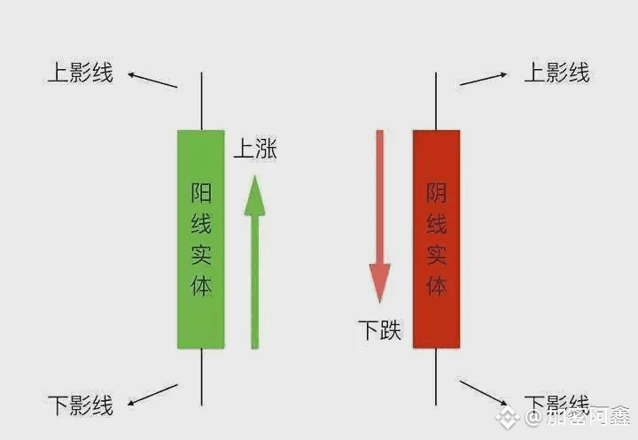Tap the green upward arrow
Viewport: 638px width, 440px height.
pyautogui.click(x=255, y=266)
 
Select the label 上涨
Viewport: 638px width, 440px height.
pyautogui.click(x=255, y=150)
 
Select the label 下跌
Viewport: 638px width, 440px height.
pyautogui.click(x=379, y=331)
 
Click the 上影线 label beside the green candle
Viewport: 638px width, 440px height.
pyautogui.click(x=81, y=73)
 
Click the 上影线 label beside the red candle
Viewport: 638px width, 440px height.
pyautogui.click(x=557, y=73)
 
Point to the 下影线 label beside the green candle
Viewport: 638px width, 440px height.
pyautogui.click(x=81, y=406)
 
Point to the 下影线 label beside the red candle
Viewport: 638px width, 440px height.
pyautogui.click(x=557, y=403)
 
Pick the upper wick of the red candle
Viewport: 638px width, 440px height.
pyautogui.click(x=436, y=102)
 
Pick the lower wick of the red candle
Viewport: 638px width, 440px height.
pyautogui.click(x=436, y=376)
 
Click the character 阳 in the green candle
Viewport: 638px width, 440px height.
pyautogui.click(x=201, y=192)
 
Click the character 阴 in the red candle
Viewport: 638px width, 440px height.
pyautogui.click(x=436, y=192)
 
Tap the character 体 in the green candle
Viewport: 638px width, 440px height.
pyautogui.click(x=201, y=285)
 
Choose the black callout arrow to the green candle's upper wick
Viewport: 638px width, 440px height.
pyautogui.click(x=152, y=80)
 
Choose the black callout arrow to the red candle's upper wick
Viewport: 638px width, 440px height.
pyautogui.click(x=483, y=79)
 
